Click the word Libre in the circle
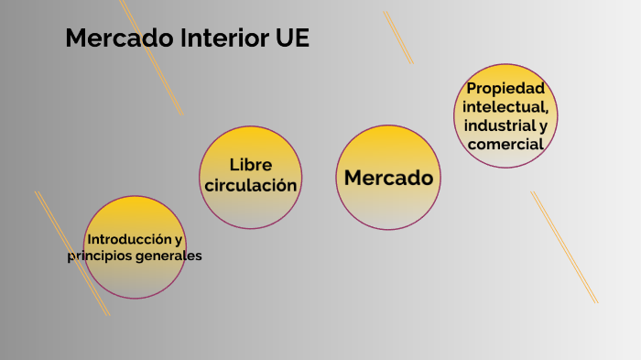[x=251, y=165]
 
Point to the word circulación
[x=251, y=185]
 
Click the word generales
[x=168, y=256]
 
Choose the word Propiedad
[x=505, y=89]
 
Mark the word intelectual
[x=505, y=107]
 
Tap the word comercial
[x=505, y=144]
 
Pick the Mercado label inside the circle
[x=388, y=178]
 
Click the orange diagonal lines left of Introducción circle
[x=71, y=252]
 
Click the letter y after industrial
[x=543, y=125]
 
